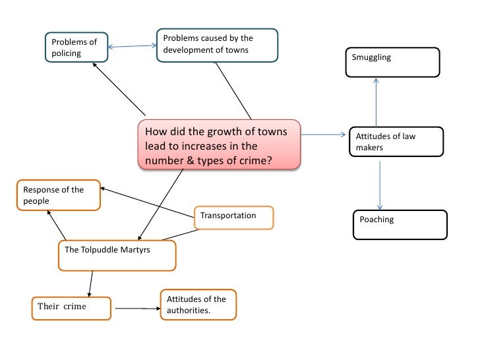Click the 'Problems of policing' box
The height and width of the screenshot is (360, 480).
[x=75, y=47]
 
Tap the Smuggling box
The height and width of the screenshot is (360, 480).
[x=392, y=62]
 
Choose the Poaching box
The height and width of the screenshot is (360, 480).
[x=400, y=224]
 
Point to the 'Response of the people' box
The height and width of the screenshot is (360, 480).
[x=59, y=195]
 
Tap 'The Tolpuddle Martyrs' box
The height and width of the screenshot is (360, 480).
[x=117, y=255]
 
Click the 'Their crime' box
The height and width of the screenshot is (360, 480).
[x=71, y=307]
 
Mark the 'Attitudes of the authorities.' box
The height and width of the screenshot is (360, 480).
[x=197, y=305]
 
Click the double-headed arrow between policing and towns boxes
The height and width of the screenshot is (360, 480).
[x=132, y=46]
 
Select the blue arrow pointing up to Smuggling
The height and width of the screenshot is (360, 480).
[x=376, y=102]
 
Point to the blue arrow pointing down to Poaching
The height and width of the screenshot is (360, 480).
[x=380, y=185]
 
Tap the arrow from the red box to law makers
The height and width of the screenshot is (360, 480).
[x=323, y=136]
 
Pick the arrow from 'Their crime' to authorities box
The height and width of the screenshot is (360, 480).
[x=137, y=308]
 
